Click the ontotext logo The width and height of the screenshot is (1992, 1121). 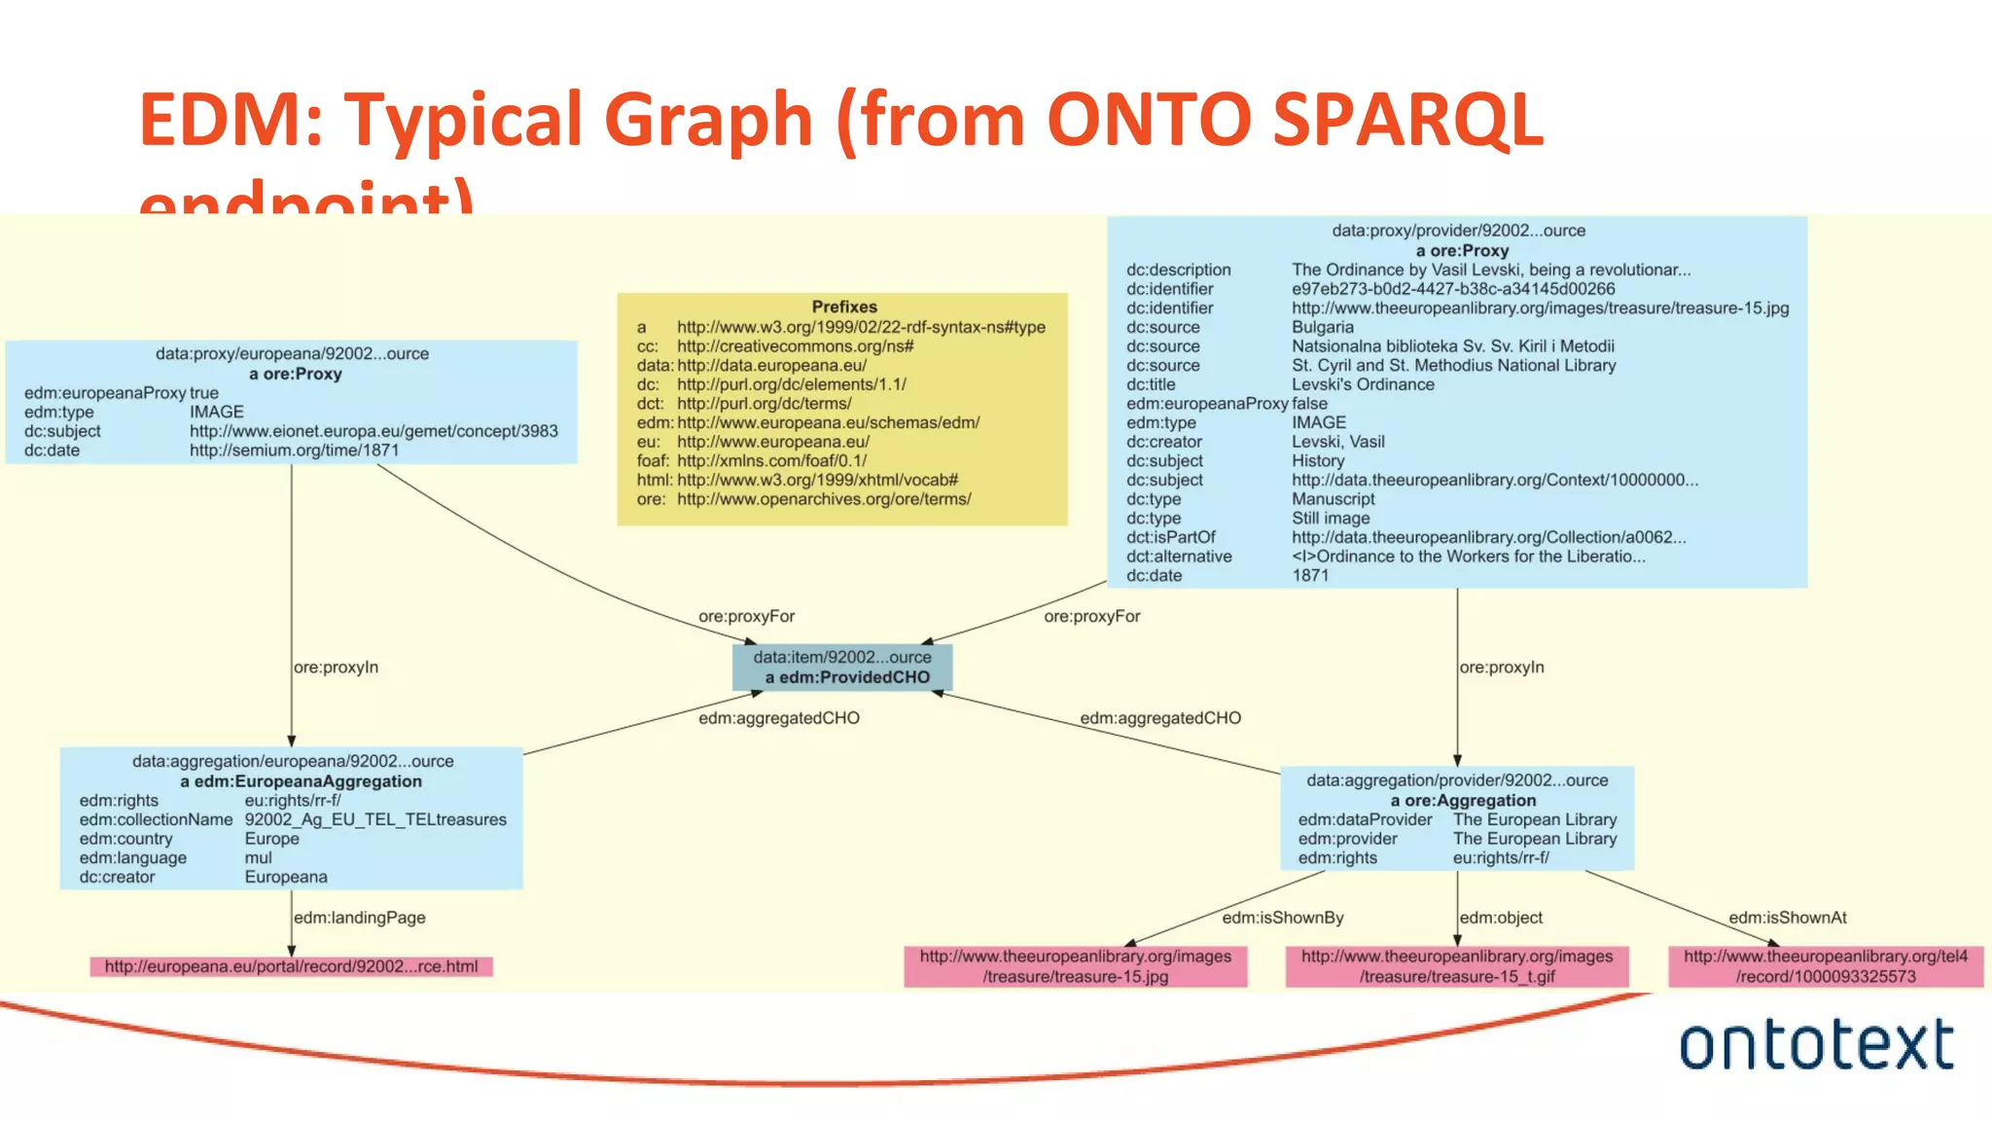tap(1816, 1044)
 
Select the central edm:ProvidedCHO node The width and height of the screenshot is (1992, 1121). tap(842, 668)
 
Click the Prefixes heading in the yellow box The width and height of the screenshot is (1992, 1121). tap(844, 307)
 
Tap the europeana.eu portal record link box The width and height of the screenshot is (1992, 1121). tap(291, 966)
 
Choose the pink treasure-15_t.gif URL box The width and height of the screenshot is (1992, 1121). tap(1456, 966)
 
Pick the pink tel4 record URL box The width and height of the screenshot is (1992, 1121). tap(1825, 966)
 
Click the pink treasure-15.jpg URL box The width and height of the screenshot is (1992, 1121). tap(1075, 966)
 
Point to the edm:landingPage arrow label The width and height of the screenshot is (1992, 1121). tap(359, 918)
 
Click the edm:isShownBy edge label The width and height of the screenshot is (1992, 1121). tap(1282, 918)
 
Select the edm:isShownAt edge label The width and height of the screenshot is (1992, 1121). tap(1787, 918)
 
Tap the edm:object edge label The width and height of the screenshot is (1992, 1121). tap(1501, 918)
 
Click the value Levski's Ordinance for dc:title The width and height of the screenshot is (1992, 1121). tap(1362, 384)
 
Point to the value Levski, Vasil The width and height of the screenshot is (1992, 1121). tap(1337, 442)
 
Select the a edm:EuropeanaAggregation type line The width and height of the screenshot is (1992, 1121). tap(301, 781)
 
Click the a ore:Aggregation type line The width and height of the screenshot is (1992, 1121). tap(1463, 801)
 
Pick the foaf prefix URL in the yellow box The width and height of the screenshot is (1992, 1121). tap(771, 460)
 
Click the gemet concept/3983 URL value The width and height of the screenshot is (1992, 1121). tap(373, 431)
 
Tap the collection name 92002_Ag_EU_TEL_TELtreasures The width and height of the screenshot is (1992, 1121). tap(375, 819)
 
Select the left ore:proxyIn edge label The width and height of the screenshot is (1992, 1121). tap(336, 668)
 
